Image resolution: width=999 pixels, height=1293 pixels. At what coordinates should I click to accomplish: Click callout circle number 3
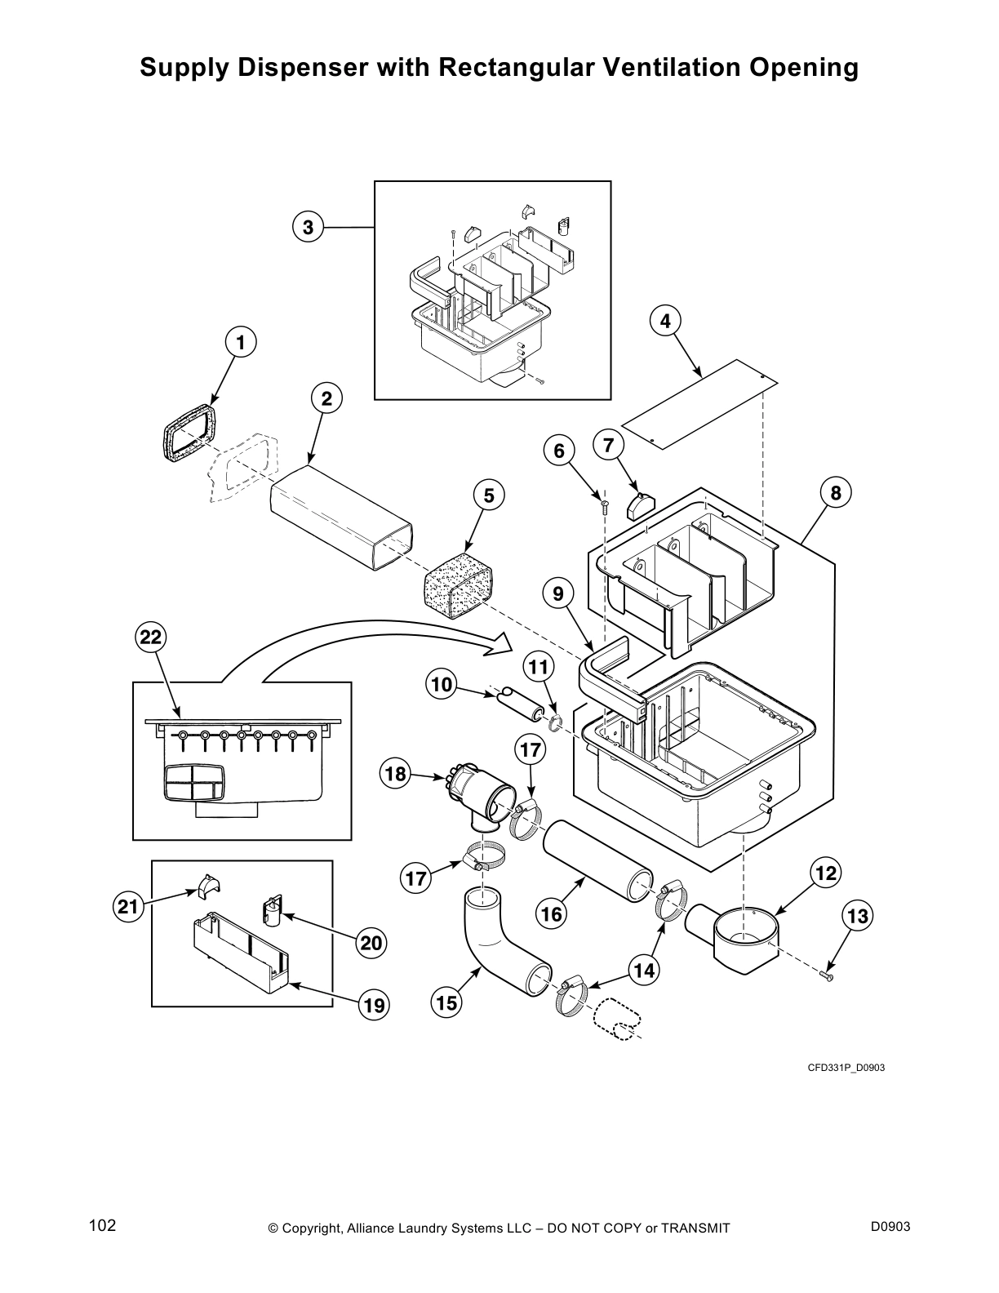click(x=308, y=228)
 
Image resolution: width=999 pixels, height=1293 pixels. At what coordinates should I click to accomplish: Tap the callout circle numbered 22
click(x=151, y=638)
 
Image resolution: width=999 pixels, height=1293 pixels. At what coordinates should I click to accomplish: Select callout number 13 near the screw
click(x=858, y=917)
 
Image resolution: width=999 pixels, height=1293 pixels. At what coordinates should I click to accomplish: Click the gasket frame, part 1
click(x=190, y=433)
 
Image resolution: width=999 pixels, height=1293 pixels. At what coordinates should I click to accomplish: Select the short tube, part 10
click(x=518, y=703)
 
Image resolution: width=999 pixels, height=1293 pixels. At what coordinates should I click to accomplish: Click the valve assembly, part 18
click(x=482, y=796)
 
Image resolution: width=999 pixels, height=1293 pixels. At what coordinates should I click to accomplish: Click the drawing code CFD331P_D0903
click(x=846, y=1067)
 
